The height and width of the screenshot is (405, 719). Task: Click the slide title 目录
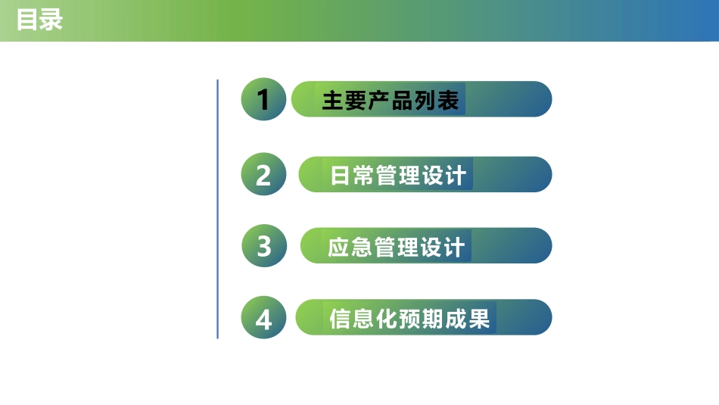pyautogui.click(x=39, y=20)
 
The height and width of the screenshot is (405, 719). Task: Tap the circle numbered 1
pyautogui.click(x=263, y=99)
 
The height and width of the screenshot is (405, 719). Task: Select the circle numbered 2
pyautogui.click(x=263, y=175)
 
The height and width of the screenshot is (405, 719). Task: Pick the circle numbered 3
pyautogui.click(x=264, y=246)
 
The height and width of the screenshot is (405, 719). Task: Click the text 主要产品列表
pyautogui.click(x=391, y=100)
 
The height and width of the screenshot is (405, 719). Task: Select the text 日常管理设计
pyautogui.click(x=398, y=176)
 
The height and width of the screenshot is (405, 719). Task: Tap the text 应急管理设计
pyautogui.click(x=397, y=247)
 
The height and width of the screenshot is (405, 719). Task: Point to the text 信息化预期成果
pyautogui.click(x=409, y=319)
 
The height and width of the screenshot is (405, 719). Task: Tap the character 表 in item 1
pyautogui.click(x=448, y=100)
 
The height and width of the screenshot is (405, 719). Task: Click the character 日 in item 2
pyautogui.click(x=341, y=176)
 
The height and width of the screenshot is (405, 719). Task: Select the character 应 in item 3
pyautogui.click(x=339, y=247)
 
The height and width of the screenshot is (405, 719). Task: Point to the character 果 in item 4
pyautogui.click(x=479, y=319)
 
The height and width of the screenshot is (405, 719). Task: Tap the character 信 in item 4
pyautogui.click(x=341, y=319)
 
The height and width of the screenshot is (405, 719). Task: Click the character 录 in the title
pyautogui.click(x=51, y=20)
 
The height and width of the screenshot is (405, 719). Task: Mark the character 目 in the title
pyautogui.click(x=28, y=20)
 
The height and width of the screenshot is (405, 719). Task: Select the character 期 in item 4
pyautogui.click(x=433, y=319)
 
